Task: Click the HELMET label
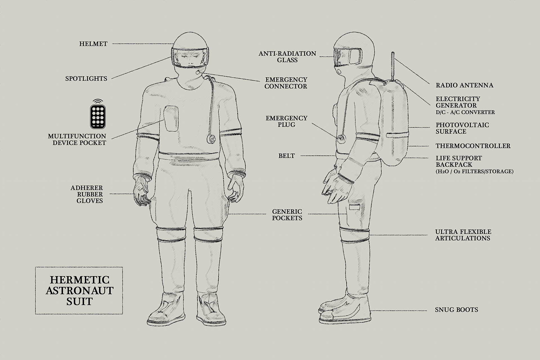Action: click(x=93, y=44)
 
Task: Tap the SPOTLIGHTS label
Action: click(x=86, y=78)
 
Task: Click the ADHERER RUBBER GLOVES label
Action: click(x=87, y=194)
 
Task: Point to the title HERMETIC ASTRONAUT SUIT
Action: click(x=80, y=290)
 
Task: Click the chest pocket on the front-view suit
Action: click(x=171, y=118)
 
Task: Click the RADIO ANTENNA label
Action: click(x=465, y=85)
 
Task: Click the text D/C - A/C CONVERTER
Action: click(x=465, y=112)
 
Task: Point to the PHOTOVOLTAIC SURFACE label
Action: click(x=462, y=128)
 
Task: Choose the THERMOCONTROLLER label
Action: click(x=473, y=146)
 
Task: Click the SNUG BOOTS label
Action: click(x=456, y=310)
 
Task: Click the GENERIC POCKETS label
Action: click(x=287, y=215)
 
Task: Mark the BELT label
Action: click(x=287, y=156)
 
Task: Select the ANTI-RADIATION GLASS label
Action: click(x=287, y=57)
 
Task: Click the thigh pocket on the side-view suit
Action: click(x=354, y=208)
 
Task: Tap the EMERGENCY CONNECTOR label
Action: click(x=286, y=83)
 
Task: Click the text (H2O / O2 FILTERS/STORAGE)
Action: click(x=474, y=171)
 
